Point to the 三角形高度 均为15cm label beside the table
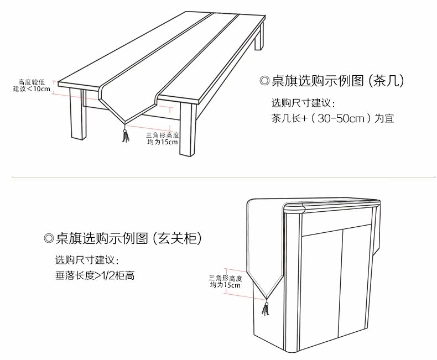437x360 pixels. coord(163,138)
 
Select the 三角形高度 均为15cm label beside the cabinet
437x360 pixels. coord(225,282)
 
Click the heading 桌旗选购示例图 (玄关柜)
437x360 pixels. coord(122,238)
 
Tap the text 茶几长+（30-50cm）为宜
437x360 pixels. coord(332,118)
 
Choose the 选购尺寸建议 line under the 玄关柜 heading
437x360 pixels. coord(87,260)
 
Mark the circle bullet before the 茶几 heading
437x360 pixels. coord(264,81)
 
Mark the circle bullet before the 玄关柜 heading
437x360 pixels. coord(48,239)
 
